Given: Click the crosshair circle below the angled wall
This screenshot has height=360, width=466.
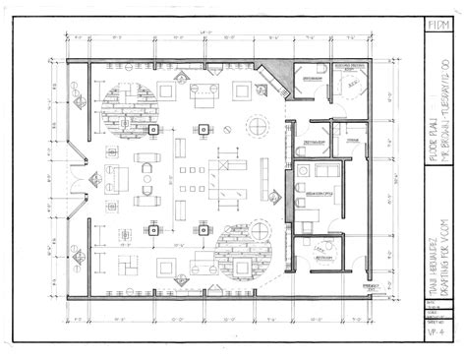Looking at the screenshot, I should [259, 125].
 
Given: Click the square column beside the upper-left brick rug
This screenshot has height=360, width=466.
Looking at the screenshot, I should [152, 129].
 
